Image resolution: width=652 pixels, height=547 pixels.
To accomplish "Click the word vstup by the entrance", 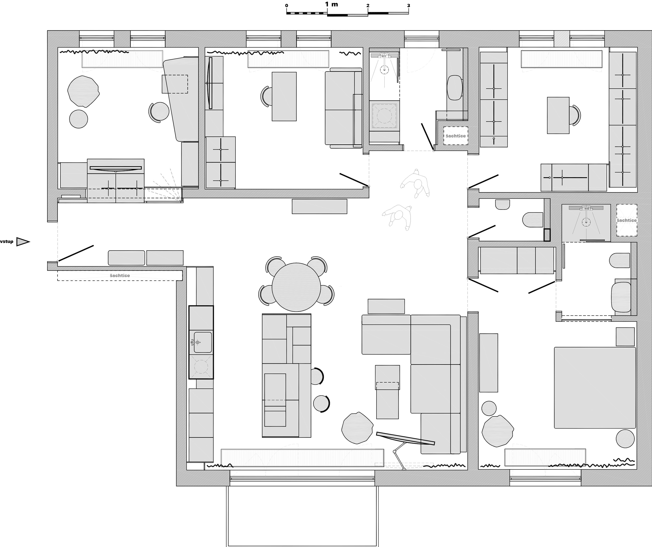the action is click(x=7, y=241).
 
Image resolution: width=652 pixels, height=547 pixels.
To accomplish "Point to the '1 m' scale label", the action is click(x=332, y=4).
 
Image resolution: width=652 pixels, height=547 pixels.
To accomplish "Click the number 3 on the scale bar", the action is click(x=409, y=6).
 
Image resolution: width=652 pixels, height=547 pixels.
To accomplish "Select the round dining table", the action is click(x=296, y=287).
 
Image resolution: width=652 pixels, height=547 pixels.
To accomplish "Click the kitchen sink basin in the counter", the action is click(x=203, y=342).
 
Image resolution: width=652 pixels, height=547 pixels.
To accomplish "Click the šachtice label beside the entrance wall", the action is click(x=120, y=275).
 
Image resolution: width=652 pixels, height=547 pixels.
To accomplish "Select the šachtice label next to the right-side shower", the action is click(x=627, y=220).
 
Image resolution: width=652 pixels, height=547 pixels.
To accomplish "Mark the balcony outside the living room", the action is click(x=302, y=516).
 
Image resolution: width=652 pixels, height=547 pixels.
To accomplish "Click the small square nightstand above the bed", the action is click(x=625, y=336).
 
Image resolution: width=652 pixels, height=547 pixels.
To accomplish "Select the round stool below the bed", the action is click(x=625, y=438).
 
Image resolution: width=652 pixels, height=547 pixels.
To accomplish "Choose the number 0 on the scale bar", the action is click(x=287, y=6).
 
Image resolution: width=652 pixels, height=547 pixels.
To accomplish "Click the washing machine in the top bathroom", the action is click(x=384, y=116).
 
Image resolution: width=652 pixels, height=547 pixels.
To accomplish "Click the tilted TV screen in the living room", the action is click(x=405, y=438).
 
